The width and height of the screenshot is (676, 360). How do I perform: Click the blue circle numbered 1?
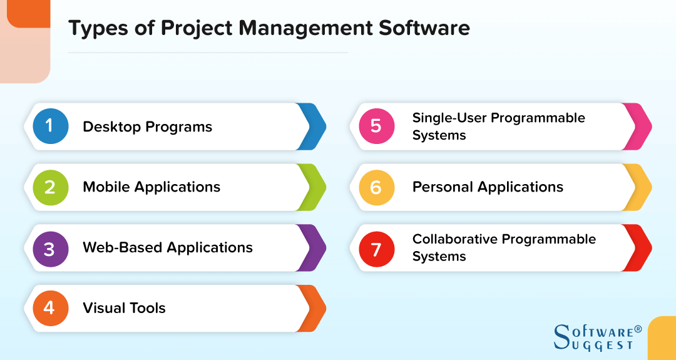(50, 126)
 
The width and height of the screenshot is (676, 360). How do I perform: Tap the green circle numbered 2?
(50, 187)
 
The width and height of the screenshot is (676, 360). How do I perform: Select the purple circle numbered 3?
(50, 248)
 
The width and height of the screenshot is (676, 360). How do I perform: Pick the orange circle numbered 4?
(50, 308)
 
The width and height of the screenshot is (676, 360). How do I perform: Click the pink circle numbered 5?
(376, 126)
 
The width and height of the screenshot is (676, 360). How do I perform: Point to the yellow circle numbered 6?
(376, 187)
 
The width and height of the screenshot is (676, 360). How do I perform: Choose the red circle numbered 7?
(376, 248)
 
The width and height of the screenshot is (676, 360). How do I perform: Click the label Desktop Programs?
(147, 127)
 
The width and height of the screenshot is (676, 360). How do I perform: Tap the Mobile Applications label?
(151, 187)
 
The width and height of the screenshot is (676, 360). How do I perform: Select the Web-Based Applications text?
(168, 248)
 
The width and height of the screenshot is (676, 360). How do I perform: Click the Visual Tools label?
(124, 308)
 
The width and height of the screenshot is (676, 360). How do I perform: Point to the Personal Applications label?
(488, 187)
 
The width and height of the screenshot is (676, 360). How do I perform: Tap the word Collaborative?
(455, 239)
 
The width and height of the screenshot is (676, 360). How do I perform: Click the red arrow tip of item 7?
(640, 248)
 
